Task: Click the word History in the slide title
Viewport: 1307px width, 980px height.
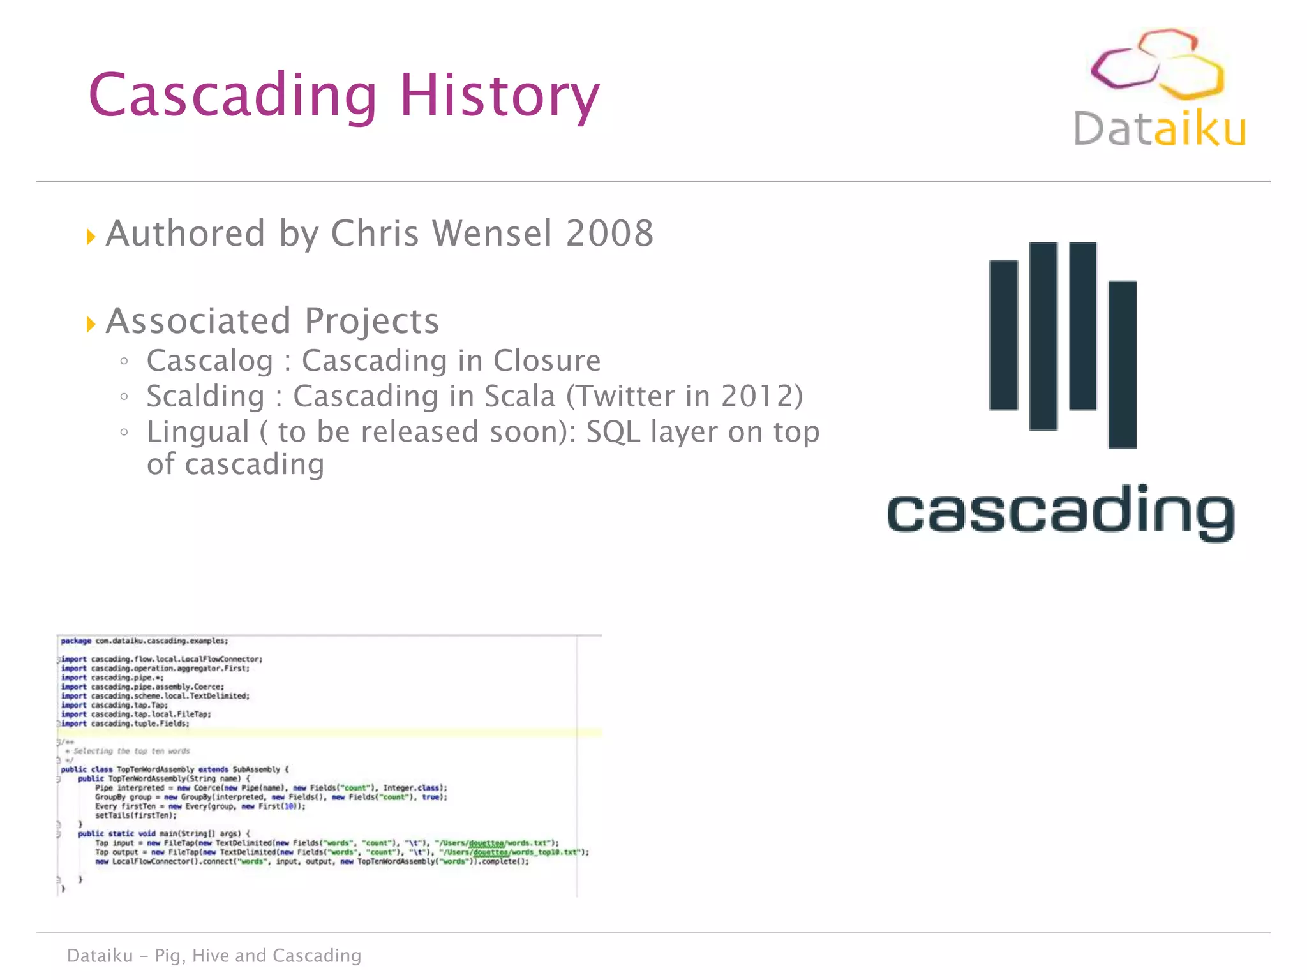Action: point(499,96)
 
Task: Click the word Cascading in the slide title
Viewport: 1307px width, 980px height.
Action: point(233,96)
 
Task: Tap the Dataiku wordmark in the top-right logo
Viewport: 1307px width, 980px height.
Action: point(1159,129)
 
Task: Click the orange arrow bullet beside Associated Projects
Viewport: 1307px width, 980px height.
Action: point(91,324)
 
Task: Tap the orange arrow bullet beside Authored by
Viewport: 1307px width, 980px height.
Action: point(91,237)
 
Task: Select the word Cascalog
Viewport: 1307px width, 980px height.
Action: point(210,361)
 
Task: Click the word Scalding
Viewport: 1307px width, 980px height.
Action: point(205,396)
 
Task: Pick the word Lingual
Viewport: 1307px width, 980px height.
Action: point(198,432)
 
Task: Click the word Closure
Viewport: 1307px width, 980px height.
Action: point(547,361)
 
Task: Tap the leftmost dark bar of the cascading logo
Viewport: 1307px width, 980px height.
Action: point(1003,335)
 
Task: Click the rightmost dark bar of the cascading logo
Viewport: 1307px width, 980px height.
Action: point(1123,364)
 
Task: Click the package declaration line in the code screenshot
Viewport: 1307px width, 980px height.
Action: point(144,641)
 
